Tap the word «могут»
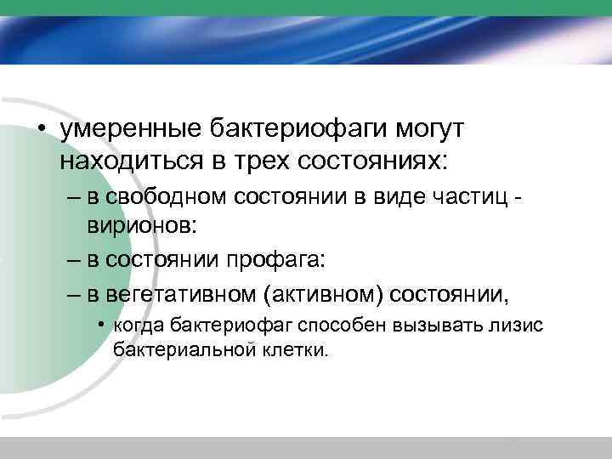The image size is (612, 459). click(433, 130)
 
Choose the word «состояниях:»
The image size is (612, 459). click(373, 160)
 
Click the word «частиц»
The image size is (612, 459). click(467, 197)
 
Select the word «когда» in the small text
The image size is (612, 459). click(139, 326)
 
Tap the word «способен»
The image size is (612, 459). click(331, 326)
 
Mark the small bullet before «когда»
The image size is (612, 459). click(101, 326)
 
